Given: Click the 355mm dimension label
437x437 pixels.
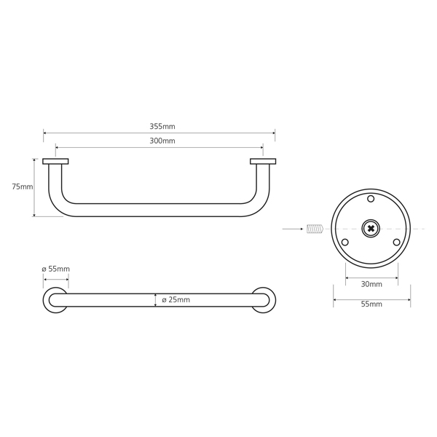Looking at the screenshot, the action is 162,126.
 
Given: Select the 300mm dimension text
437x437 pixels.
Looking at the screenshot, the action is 162,141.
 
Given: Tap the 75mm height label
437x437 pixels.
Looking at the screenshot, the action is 23,186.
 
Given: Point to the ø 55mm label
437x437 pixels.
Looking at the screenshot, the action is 56,269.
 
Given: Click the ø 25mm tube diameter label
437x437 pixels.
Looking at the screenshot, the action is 176,299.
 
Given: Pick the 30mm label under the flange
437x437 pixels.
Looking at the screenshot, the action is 371,284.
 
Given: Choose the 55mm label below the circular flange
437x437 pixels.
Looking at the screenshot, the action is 371,304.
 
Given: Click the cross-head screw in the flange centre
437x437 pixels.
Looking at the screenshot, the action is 371,229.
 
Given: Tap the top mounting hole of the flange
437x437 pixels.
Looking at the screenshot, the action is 371,199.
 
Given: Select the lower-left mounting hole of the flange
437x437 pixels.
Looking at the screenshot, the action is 345,243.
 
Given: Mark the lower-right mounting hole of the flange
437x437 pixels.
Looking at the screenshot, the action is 397,243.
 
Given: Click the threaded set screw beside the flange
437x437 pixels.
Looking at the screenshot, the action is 315,229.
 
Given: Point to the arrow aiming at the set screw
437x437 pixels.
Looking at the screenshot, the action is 293,229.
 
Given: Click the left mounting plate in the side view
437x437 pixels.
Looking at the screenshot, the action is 55,162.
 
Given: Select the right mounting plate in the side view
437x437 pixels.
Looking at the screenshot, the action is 263,162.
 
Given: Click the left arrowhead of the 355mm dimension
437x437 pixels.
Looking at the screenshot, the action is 44,133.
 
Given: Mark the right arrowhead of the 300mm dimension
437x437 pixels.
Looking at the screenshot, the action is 261,148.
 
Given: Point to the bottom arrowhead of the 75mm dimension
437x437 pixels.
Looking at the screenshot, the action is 34,215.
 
